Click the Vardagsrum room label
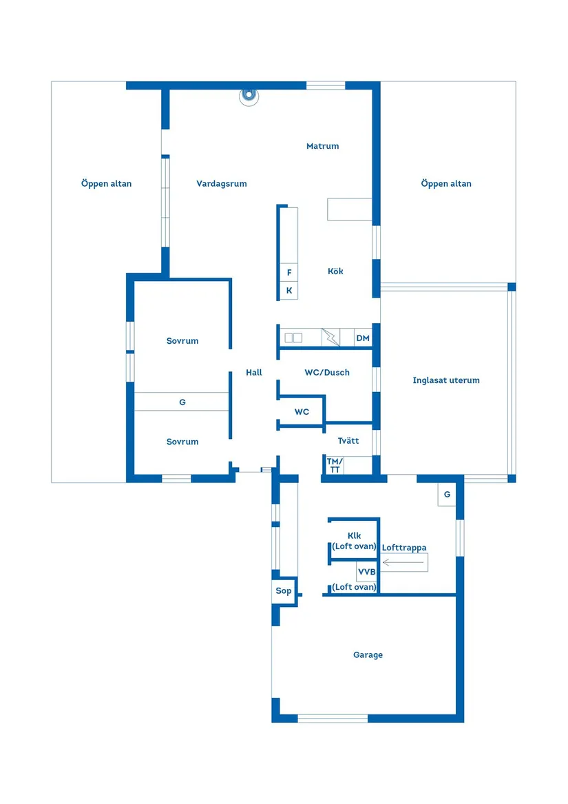tap(221, 184)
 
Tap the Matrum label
tap(322, 146)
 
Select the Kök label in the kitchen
tap(335, 271)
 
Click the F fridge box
tap(288, 273)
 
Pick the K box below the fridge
tap(288, 291)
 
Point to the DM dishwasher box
tap(363, 338)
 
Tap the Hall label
tap(254, 373)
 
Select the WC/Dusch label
tap(327, 373)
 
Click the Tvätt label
tap(348, 441)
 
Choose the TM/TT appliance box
tap(334, 465)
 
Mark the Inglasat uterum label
tap(446, 380)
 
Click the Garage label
tap(368, 655)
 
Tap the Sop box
tap(284, 591)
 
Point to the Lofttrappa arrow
tap(404, 563)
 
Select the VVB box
tap(366, 572)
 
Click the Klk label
tap(354, 536)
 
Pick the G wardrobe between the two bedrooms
tap(182, 402)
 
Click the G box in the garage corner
tap(447, 495)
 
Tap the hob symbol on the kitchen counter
tap(293, 338)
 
